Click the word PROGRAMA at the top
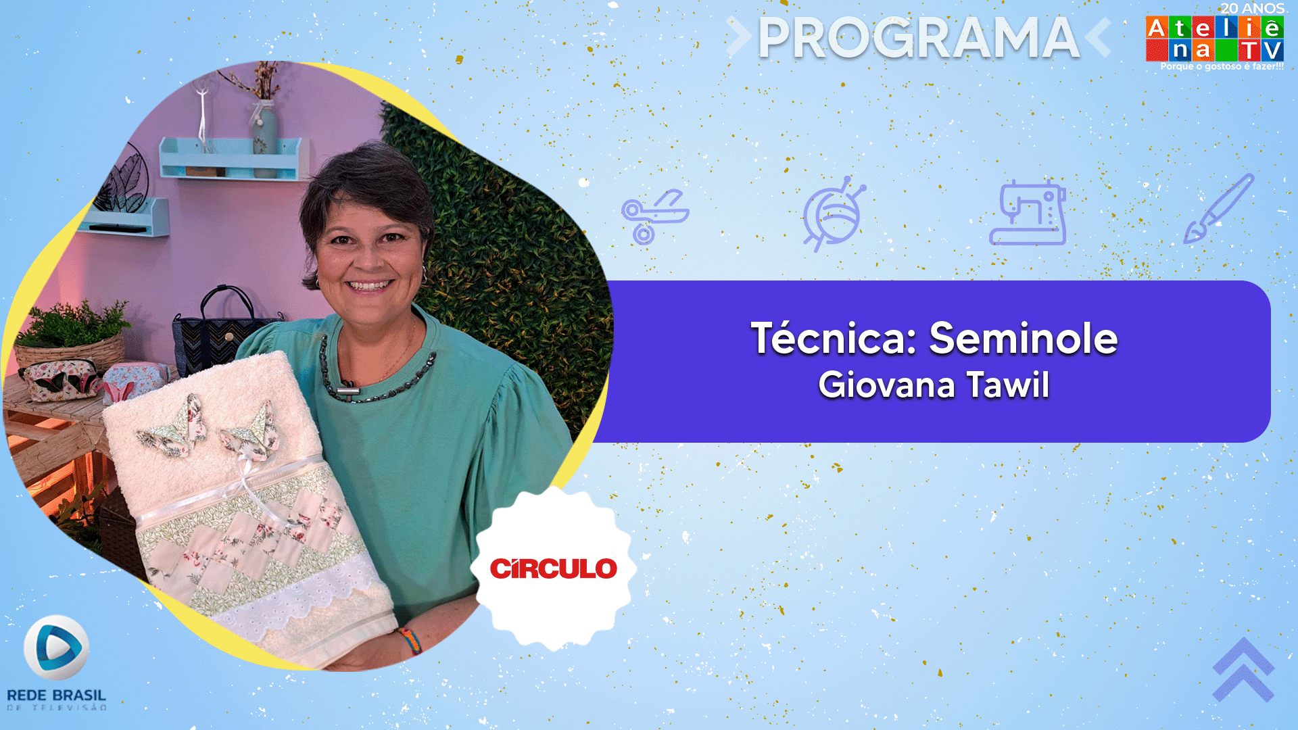[919, 38]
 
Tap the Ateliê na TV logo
[1215, 39]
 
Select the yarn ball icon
[834, 214]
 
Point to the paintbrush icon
[1219, 209]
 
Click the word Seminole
[1024, 338]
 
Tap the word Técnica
[834, 338]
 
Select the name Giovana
[887, 385]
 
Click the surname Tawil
[1008, 385]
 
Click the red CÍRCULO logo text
[554, 568]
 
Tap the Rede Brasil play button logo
[56, 648]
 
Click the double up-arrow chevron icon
[1243, 670]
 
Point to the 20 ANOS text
[1252, 8]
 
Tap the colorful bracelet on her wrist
[410, 641]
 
